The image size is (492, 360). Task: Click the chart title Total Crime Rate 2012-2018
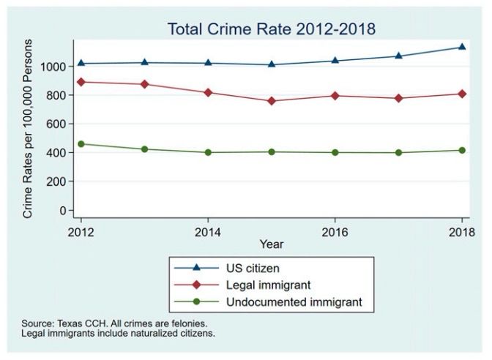point(271,29)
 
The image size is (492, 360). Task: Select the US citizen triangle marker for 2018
point(462,47)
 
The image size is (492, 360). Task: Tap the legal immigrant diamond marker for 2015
point(272,101)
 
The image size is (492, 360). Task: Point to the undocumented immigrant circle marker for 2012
point(81,144)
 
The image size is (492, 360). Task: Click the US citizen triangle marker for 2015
point(272,64)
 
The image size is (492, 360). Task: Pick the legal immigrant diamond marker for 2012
point(81,82)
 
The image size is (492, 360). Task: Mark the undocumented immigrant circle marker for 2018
point(462,151)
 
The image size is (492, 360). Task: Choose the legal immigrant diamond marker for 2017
point(399,98)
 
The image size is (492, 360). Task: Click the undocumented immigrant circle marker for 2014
point(208,152)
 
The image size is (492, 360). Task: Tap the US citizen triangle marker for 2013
point(144,62)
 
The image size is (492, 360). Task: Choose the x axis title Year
point(272,244)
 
